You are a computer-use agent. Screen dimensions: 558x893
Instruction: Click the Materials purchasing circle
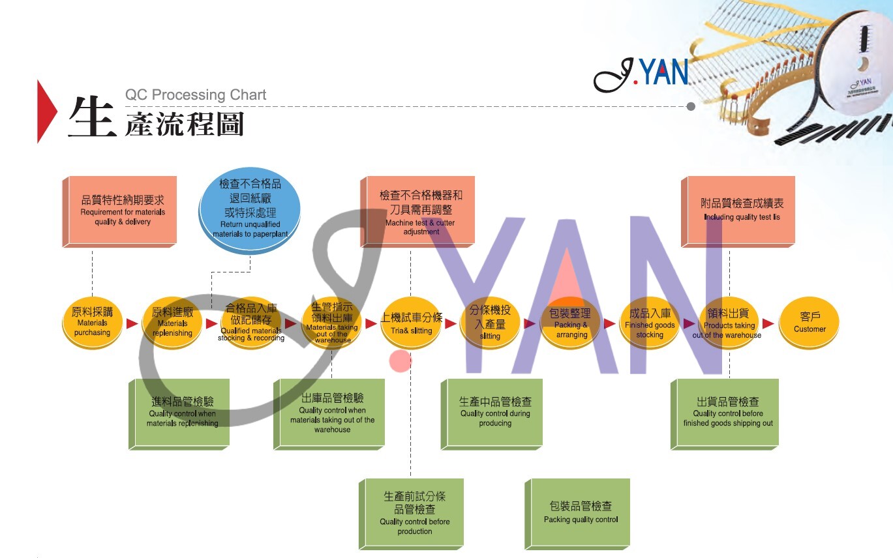(92, 323)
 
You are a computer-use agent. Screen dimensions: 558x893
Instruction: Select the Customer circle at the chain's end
(810, 323)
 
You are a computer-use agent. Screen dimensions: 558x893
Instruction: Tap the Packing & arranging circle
(571, 323)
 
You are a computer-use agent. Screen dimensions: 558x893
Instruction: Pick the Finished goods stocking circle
(650, 323)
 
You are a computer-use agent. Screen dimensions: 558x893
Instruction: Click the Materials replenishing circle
(172, 323)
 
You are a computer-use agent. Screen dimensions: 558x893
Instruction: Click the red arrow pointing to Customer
(768, 323)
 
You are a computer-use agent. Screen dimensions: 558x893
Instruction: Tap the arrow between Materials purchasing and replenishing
(132, 323)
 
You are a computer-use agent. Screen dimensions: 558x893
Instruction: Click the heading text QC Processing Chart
(196, 95)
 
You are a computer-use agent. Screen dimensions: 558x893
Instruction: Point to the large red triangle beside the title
(46, 111)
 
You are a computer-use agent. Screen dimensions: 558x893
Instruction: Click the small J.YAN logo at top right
(641, 73)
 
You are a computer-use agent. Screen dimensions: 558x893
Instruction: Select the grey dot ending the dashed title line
(691, 106)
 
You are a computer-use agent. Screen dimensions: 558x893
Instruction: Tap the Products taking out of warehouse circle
(729, 323)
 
